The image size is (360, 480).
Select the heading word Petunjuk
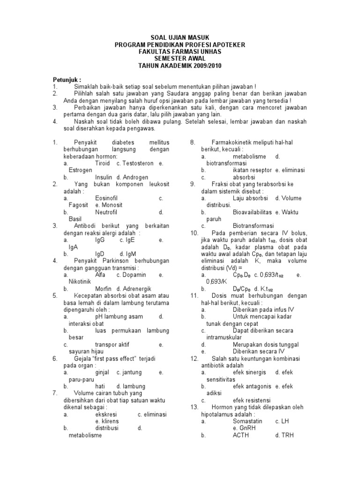tap(66, 80)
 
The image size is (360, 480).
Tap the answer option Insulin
tap(104, 178)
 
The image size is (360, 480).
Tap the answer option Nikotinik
tap(76, 282)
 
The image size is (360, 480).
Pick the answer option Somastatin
tap(247, 421)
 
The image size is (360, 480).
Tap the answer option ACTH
tap(241, 435)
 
